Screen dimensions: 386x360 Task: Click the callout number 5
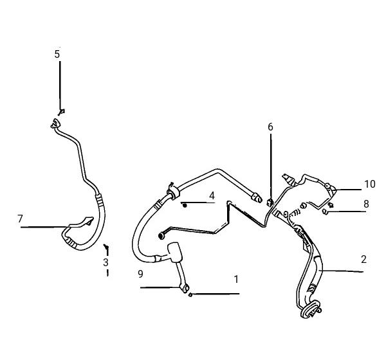point(57,54)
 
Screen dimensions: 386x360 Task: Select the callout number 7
point(20,219)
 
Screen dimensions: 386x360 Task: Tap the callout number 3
point(106,262)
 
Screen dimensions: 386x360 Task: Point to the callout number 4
point(212,196)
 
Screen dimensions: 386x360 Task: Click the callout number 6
point(270,127)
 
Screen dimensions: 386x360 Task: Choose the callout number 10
point(369,184)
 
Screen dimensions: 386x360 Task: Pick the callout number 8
point(366,204)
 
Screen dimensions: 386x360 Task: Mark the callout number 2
point(363,259)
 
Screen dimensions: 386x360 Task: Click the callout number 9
point(140,274)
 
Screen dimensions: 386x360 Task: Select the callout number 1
point(236,280)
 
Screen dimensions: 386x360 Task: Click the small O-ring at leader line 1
point(190,294)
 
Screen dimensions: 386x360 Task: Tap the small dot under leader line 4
point(185,206)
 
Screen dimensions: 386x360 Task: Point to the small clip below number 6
point(270,203)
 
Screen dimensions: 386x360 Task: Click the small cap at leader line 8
point(325,212)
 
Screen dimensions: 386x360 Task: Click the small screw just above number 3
point(106,246)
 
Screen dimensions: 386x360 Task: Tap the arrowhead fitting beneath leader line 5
point(62,112)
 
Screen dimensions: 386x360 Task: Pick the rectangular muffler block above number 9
point(175,253)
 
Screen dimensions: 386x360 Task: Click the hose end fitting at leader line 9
point(184,288)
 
